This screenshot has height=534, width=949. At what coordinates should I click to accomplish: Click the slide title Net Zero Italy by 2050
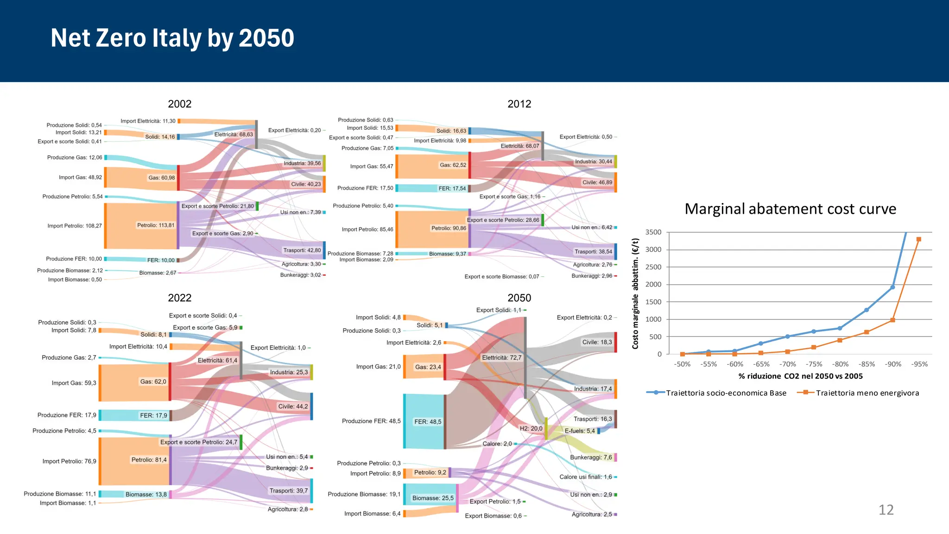pos(172,38)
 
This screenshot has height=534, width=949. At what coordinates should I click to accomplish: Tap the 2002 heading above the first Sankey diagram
pos(179,104)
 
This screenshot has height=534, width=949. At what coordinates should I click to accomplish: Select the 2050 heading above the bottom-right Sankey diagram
pos(519,298)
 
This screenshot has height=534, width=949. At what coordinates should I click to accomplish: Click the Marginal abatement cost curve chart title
pos(790,209)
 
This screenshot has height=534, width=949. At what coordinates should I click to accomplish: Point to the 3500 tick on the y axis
pos(653,232)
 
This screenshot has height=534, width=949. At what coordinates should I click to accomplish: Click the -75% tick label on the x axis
pos(814,364)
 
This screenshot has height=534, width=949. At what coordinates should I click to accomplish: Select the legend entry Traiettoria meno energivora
pos(867,393)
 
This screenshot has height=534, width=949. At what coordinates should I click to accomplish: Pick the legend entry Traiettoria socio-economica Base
pos(726,393)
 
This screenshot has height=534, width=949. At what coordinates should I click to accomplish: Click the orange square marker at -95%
pos(918,240)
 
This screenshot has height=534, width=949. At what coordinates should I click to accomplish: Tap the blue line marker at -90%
pos(892,287)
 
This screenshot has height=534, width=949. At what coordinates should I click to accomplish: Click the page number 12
pos(886,510)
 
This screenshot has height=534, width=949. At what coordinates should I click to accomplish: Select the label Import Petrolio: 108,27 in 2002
pos(75,226)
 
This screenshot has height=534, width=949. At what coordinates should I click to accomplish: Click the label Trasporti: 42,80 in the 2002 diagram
pos(302,250)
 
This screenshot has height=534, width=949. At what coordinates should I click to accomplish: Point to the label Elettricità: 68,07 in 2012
pos(520,146)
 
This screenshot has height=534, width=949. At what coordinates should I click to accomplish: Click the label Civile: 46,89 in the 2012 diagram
pos(597,183)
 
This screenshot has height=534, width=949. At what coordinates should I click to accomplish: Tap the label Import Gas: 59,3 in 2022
pos(74,383)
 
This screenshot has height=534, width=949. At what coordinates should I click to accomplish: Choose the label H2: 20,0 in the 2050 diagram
pos(531,429)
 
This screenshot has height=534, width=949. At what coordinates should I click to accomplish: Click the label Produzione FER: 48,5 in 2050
pos(371,421)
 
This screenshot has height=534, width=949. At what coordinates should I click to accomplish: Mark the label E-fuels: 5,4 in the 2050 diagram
pos(580,431)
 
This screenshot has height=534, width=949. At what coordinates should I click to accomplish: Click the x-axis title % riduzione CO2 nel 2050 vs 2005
pos(800,376)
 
